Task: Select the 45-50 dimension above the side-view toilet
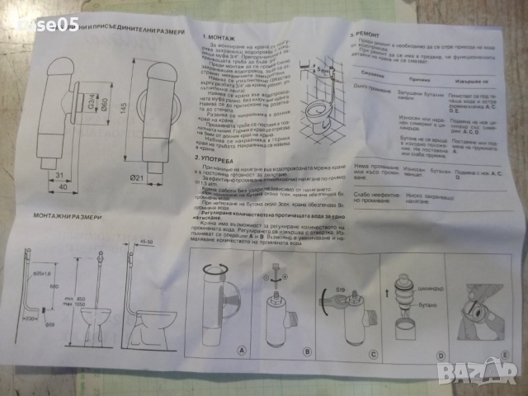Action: pos(149,241)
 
